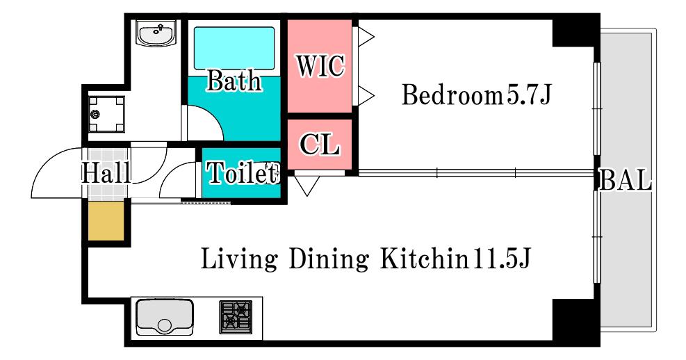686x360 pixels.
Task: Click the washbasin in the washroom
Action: coord(156,33)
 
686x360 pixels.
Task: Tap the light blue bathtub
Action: coord(234,48)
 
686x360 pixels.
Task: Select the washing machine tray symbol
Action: coord(106,114)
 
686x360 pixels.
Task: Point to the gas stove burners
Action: coord(236,317)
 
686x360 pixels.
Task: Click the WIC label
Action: coord(320,65)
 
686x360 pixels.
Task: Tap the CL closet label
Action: coord(320,143)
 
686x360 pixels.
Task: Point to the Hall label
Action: coord(106,172)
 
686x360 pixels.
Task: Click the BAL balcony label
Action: coord(625,179)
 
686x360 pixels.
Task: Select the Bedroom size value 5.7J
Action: coord(529,95)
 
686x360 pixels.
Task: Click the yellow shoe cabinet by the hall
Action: coord(106,221)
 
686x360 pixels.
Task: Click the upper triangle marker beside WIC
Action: coord(366,37)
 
